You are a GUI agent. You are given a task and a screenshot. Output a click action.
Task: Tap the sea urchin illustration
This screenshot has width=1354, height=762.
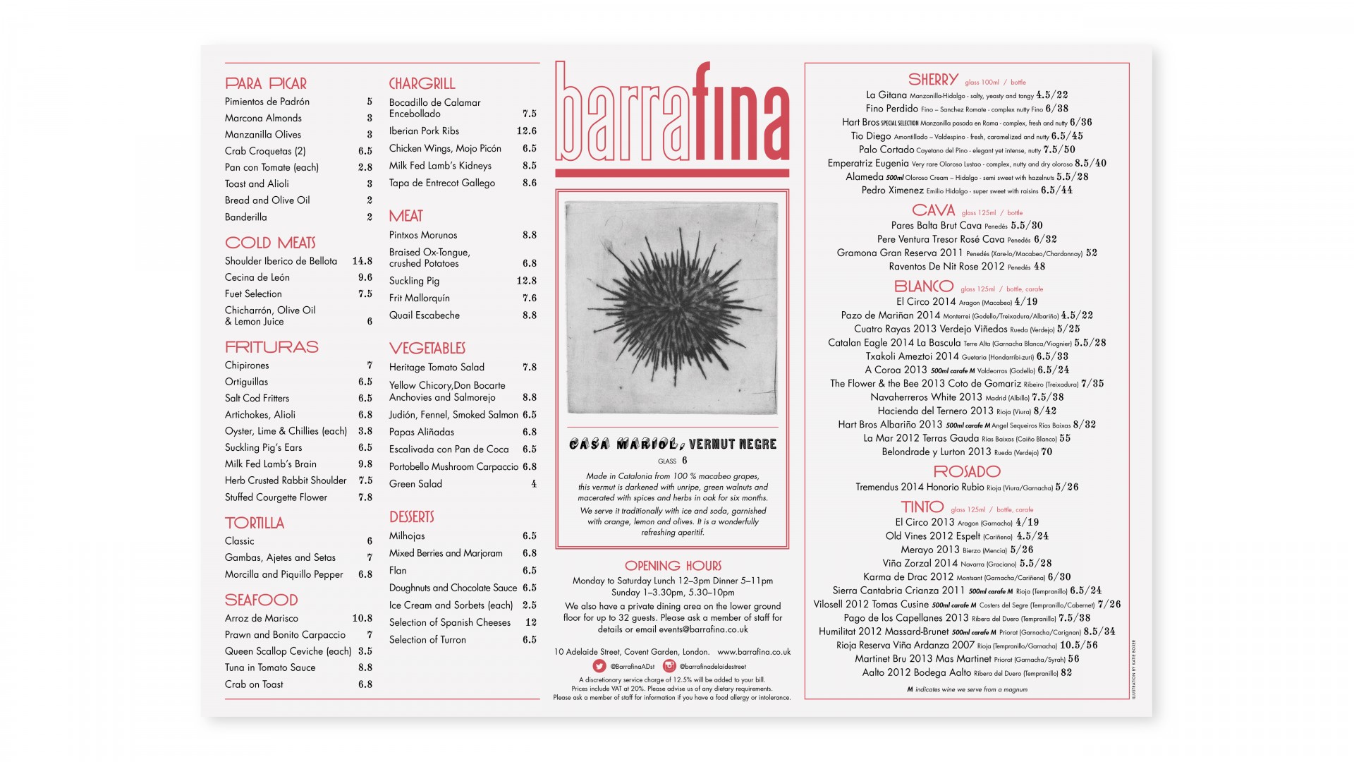671,308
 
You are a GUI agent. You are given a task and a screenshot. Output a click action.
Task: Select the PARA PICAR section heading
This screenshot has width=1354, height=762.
266,83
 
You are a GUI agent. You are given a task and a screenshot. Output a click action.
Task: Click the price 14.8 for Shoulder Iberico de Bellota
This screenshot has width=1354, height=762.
362,261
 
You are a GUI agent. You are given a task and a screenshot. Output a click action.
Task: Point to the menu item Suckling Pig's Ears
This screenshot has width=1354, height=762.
263,447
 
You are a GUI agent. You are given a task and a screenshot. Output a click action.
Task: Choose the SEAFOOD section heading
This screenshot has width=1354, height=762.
261,600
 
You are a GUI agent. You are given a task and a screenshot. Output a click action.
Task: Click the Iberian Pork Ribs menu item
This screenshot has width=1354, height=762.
424,131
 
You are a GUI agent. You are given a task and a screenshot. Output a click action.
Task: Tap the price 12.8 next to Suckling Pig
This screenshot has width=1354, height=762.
526,281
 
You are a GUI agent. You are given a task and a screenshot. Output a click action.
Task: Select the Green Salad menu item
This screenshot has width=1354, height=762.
415,484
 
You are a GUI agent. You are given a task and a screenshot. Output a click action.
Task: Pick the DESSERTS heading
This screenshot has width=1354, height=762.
411,517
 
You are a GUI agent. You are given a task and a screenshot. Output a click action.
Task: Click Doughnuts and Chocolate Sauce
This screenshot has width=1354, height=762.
453,588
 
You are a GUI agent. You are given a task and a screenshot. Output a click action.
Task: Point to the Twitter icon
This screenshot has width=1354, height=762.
599,666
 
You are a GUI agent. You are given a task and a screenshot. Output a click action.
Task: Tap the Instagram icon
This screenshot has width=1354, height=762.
669,666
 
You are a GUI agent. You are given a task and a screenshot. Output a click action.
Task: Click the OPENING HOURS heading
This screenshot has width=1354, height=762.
673,566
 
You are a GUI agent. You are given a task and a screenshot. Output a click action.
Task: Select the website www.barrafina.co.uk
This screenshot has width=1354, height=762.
753,652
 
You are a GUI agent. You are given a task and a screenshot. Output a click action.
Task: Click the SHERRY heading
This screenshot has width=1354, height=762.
933,80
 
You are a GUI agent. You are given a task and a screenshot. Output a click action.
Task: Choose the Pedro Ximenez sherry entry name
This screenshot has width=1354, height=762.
892,190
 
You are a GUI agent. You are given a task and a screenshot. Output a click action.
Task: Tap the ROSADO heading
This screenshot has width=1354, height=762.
967,471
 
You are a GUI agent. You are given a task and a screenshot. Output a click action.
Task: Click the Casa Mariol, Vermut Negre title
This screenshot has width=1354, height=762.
673,444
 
